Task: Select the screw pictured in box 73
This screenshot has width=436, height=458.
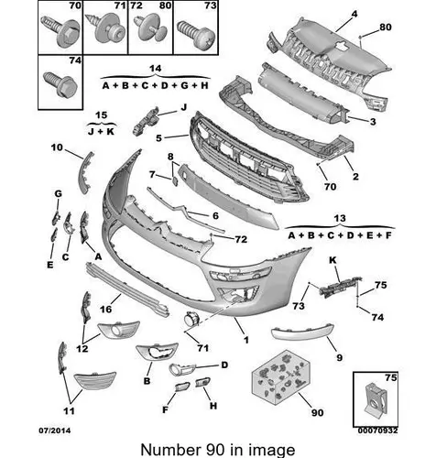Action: point(196,34)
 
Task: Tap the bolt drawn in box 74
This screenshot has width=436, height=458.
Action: point(60,84)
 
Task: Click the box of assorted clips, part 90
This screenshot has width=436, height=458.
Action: point(281,377)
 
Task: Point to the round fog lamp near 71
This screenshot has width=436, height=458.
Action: point(191,319)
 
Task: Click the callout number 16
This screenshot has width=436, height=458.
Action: point(105,310)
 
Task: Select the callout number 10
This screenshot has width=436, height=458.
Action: point(57,147)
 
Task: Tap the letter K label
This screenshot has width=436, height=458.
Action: point(332,260)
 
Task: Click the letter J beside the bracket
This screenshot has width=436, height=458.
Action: point(183,107)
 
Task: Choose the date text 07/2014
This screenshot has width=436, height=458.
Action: point(54,431)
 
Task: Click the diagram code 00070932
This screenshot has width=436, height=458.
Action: point(378,431)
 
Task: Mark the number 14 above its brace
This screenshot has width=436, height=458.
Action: point(155,69)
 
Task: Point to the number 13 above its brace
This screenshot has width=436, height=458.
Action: point(340,218)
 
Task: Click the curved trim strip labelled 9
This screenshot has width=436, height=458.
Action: point(302,333)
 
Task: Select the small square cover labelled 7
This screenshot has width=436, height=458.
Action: point(174,181)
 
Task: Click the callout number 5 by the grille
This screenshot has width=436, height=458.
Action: point(158,138)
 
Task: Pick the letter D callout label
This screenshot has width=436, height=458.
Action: point(224,365)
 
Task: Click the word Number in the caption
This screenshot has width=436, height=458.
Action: point(169,450)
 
